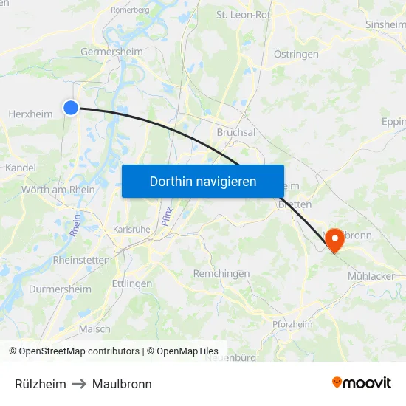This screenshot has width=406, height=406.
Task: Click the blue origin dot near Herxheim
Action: [x=71, y=108]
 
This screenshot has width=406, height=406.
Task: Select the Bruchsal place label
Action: [x=236, y=132]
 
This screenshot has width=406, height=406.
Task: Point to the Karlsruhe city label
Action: [x=132, y=229]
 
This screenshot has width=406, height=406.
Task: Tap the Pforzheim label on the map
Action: [x=292, y=324]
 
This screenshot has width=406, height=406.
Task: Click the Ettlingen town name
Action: [x=132, y=283]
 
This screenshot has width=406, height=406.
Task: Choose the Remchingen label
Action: [x=221, y=273]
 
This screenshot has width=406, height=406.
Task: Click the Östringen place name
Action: [x=296, y=54]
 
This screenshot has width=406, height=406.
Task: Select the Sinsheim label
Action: [x=385, y=24]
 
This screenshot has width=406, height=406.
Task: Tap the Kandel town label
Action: [x=20, y=168]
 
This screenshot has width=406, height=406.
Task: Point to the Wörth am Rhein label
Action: [x=58, y=190]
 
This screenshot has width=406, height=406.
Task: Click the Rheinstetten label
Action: [x=81, y=260]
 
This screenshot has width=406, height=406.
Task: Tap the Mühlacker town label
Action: [x=371, y=276]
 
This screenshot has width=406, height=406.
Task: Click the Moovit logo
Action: [x=361, y=383]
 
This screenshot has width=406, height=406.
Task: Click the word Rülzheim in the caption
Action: [x=41, y=384]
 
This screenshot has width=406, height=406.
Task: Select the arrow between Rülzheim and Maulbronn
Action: [x=79, y=384]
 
